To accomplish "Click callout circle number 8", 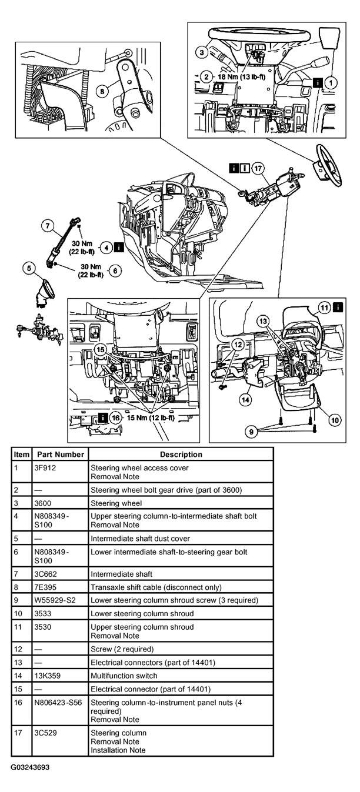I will click(102, 91).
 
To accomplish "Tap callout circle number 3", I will click(202, 53).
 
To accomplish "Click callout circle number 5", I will click(28, 269).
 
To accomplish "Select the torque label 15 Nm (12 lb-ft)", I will click(146, 417).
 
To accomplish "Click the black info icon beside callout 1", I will click(318, 83).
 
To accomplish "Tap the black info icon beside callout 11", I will click(338, 306).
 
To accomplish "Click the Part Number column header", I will click(61, 455).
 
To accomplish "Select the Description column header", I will click(181, 455).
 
